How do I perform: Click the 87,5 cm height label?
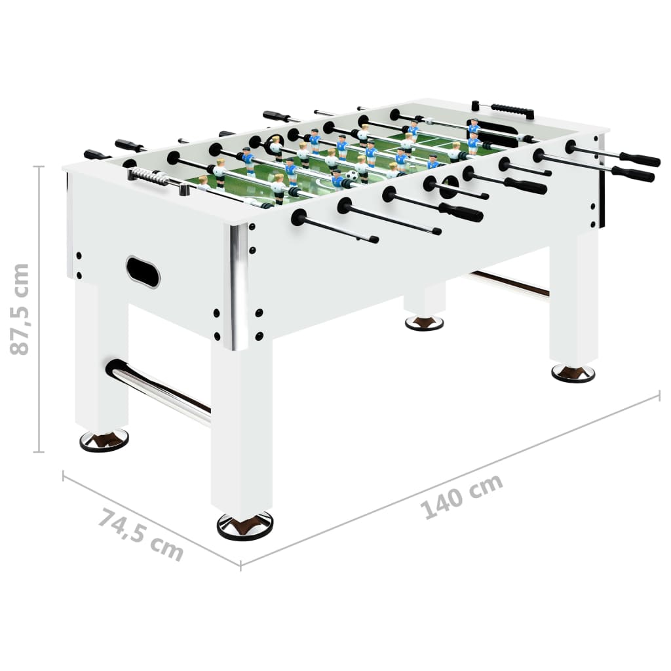(x=21, y=309)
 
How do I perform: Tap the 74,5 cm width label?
(x=141, y=535)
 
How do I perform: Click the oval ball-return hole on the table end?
(x=143, y=271)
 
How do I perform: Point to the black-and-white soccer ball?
(x=353, y=176)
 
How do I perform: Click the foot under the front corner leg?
(x=244, y=525)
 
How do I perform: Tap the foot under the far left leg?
(x=104, y=440)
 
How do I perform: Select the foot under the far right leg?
(x=573, y=372)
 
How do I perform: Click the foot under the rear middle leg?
(x=424, y=322)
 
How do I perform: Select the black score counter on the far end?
(x=512, y=110)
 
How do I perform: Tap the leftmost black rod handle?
(x=97, y=155)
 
